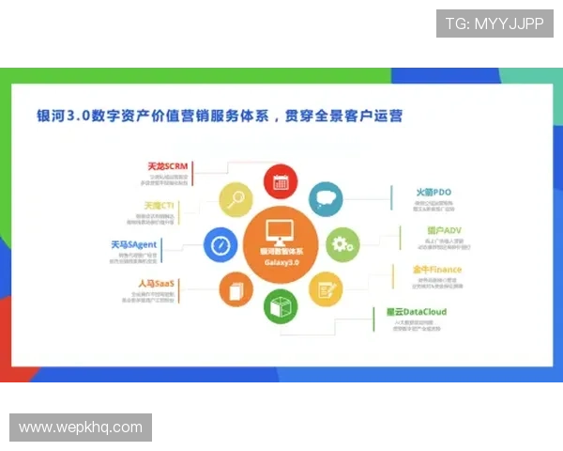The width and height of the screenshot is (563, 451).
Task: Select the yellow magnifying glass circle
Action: [x=236, y=198]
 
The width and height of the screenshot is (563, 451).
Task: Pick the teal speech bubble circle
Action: [x=326, y=198]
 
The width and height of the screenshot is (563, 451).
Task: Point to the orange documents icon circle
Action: [x=235, y=288]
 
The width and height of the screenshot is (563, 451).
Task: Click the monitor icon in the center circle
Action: [x=279, y=230]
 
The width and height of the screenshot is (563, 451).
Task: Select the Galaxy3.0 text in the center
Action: [x=279, y=262]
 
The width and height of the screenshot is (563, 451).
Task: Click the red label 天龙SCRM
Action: [x=167, y=166]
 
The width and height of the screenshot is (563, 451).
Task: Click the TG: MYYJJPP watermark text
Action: [x=495, y=23]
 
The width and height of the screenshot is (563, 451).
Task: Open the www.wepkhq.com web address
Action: [x=81, y=428]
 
